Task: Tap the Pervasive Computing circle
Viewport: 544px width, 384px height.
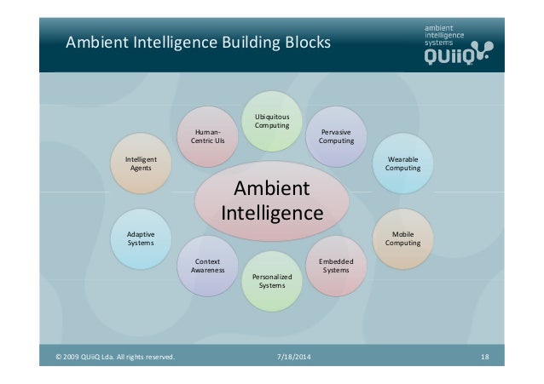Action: (x=336, y=136)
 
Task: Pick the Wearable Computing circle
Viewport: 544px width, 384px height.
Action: (x=402, y=163)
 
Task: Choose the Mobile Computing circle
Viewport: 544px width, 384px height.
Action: (x=402, y=238)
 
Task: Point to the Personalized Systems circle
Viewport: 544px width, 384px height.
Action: (x=272, y=281)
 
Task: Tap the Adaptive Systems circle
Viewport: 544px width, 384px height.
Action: (x=141, y=238)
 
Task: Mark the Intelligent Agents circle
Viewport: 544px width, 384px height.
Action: (x=141, y=163)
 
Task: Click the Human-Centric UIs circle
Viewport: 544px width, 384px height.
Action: (x=207, y=136)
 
